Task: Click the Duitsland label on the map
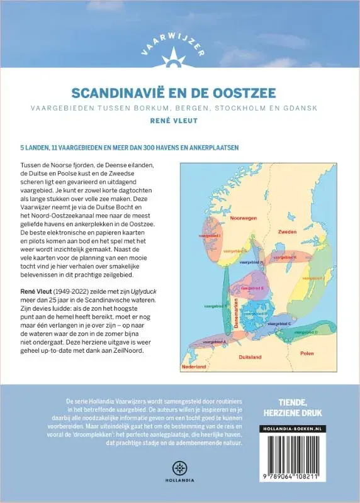click(250, 357)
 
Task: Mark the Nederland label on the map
click(194, 365)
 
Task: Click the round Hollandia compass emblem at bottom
click(180, 468)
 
